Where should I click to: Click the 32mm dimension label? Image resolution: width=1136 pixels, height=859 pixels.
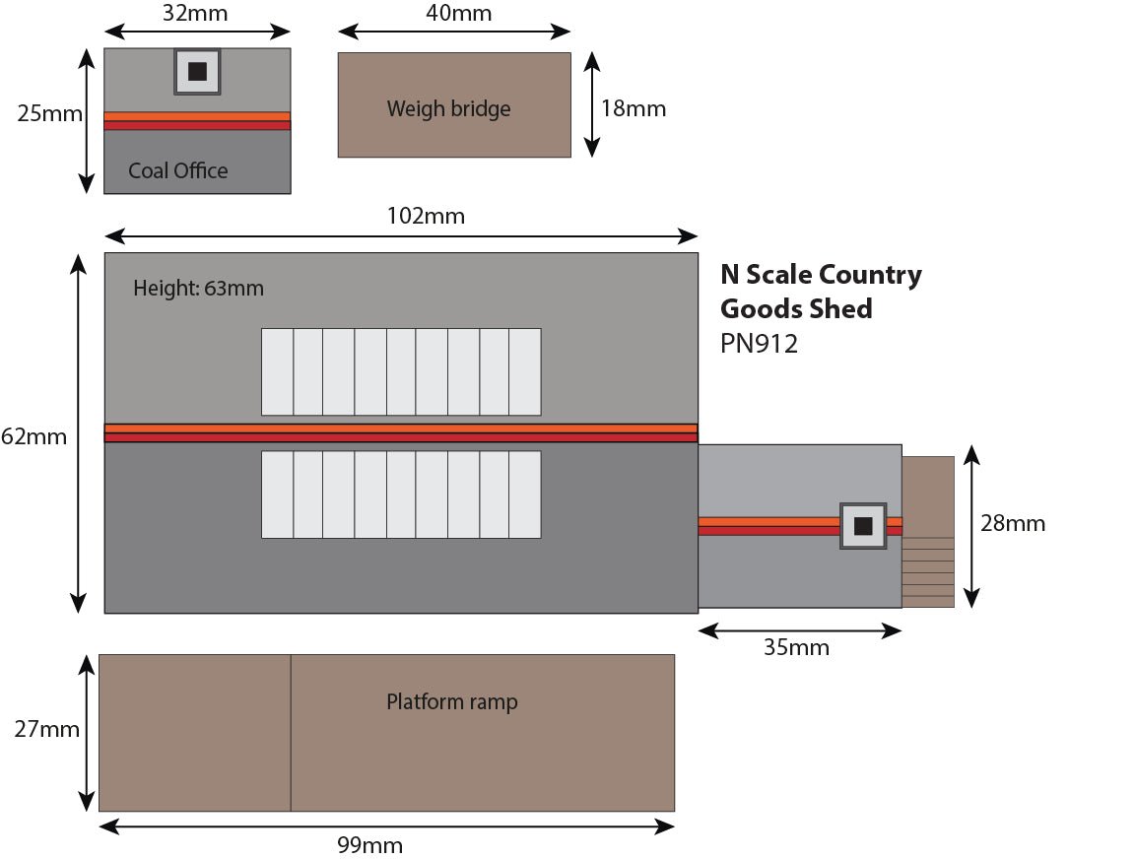[196, 15]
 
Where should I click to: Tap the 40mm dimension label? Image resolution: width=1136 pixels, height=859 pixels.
[453, 14]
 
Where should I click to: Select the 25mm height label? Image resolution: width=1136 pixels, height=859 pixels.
[49, 114]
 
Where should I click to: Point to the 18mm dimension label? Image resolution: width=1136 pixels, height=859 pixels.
[634, 108]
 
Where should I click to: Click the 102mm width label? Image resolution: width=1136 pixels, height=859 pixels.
[424, 216]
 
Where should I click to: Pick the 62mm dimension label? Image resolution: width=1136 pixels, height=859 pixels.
[33, 436]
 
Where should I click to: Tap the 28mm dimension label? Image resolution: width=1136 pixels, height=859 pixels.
[1013, 523]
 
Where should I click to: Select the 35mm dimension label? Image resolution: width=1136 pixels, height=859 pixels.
[796, 647]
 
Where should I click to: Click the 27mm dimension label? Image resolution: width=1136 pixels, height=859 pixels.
[46, 730]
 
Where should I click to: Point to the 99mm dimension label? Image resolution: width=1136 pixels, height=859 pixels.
[369, 845]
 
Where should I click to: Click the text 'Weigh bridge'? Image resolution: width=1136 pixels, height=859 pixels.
[448, 108]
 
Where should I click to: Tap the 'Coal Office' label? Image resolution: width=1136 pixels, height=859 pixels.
[177, 171]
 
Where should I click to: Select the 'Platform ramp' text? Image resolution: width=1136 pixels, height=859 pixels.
[451, 702]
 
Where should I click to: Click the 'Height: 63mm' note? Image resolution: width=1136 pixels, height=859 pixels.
[198, 290]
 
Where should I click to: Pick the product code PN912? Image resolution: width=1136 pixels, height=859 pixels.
[759, 345]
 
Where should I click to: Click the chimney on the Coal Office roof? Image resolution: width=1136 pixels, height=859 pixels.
[197, 72]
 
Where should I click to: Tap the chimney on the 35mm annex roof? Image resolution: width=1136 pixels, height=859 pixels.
[864, 525]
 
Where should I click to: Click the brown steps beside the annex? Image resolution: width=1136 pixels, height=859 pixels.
[928, 532]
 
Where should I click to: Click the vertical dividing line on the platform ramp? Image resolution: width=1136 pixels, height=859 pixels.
[291, 732]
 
